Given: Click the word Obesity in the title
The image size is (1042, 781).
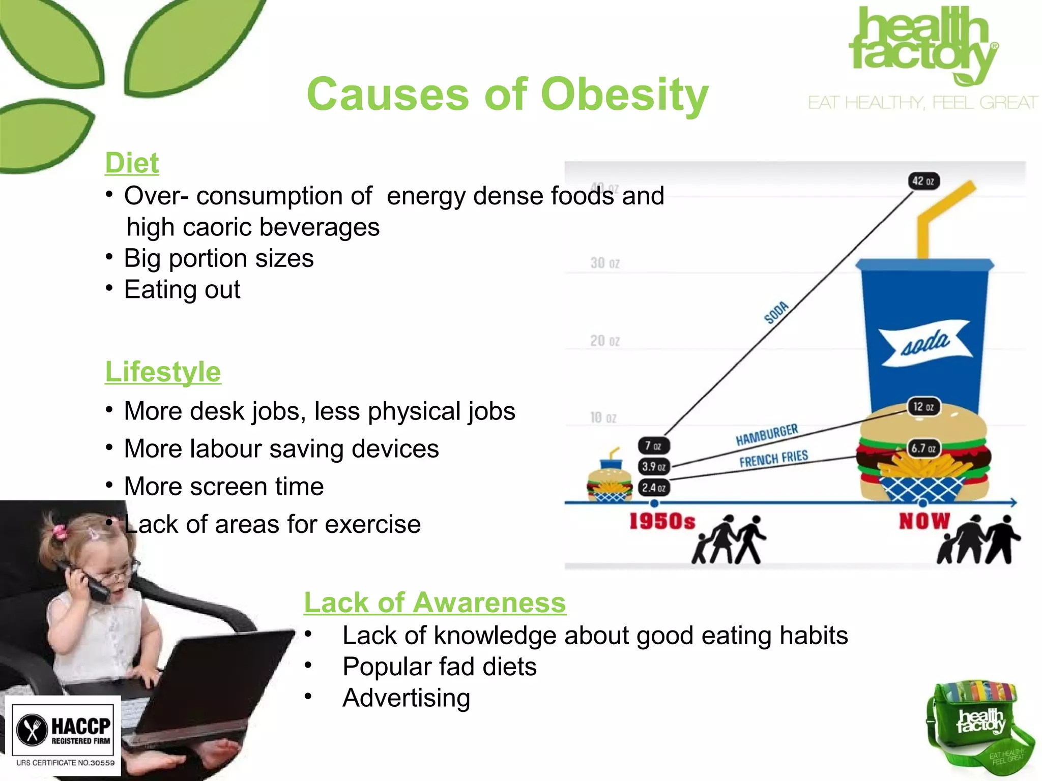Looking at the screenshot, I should [624, 95].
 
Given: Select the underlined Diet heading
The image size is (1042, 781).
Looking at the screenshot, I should [132, 163].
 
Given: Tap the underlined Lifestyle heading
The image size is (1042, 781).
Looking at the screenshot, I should [163, 372].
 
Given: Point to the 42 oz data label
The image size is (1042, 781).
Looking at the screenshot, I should [923, 181].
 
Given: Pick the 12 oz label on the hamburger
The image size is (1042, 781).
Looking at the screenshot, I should [923, 407].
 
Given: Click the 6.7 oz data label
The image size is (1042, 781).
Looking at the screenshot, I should [923, 448].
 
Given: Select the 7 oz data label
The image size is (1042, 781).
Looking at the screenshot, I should [653, 446].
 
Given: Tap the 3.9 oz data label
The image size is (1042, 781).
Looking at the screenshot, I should [654, 466].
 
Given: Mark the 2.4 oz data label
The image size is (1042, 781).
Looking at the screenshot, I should [654, 488].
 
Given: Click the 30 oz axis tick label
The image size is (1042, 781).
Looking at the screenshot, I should [604, 263].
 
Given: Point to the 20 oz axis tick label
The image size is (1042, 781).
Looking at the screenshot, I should [604, 341].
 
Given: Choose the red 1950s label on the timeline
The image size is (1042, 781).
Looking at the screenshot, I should [662, 522].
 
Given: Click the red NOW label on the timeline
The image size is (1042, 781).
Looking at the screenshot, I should [924, 521].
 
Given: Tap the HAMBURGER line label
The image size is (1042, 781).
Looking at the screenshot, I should [767, 434].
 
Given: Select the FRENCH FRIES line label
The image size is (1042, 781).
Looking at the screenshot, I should [773, 459].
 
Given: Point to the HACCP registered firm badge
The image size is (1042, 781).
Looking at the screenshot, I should [63, 735].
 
